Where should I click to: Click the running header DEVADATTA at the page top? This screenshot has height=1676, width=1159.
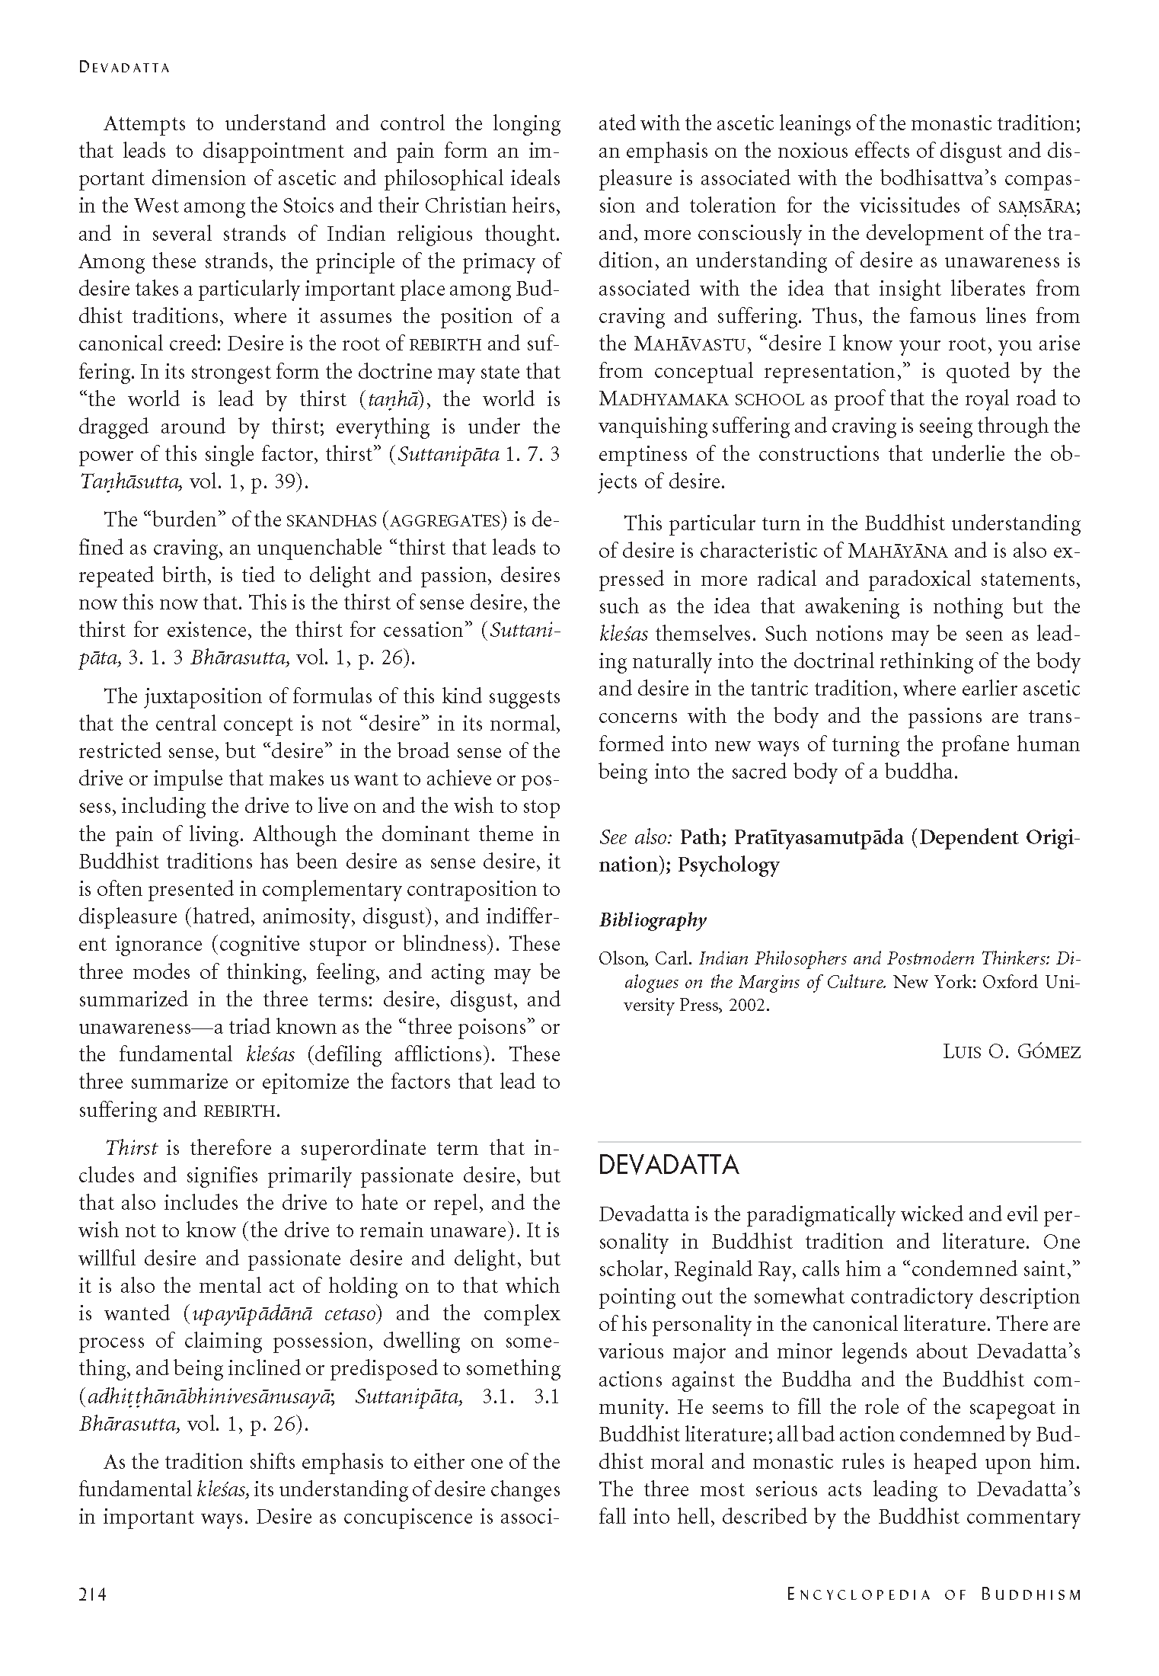tap(124, 68)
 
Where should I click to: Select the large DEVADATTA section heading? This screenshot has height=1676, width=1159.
tap(669, 1165)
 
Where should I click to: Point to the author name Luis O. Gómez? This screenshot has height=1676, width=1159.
tap(1011, 1052)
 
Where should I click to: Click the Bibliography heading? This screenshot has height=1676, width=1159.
tap(653, 920)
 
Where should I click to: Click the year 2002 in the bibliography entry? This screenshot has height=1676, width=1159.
tap(749, 1006)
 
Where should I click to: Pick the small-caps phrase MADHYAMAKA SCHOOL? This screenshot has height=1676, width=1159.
tap(701, 399)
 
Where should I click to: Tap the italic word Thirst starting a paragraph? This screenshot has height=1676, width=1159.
tap(131, 1148)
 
